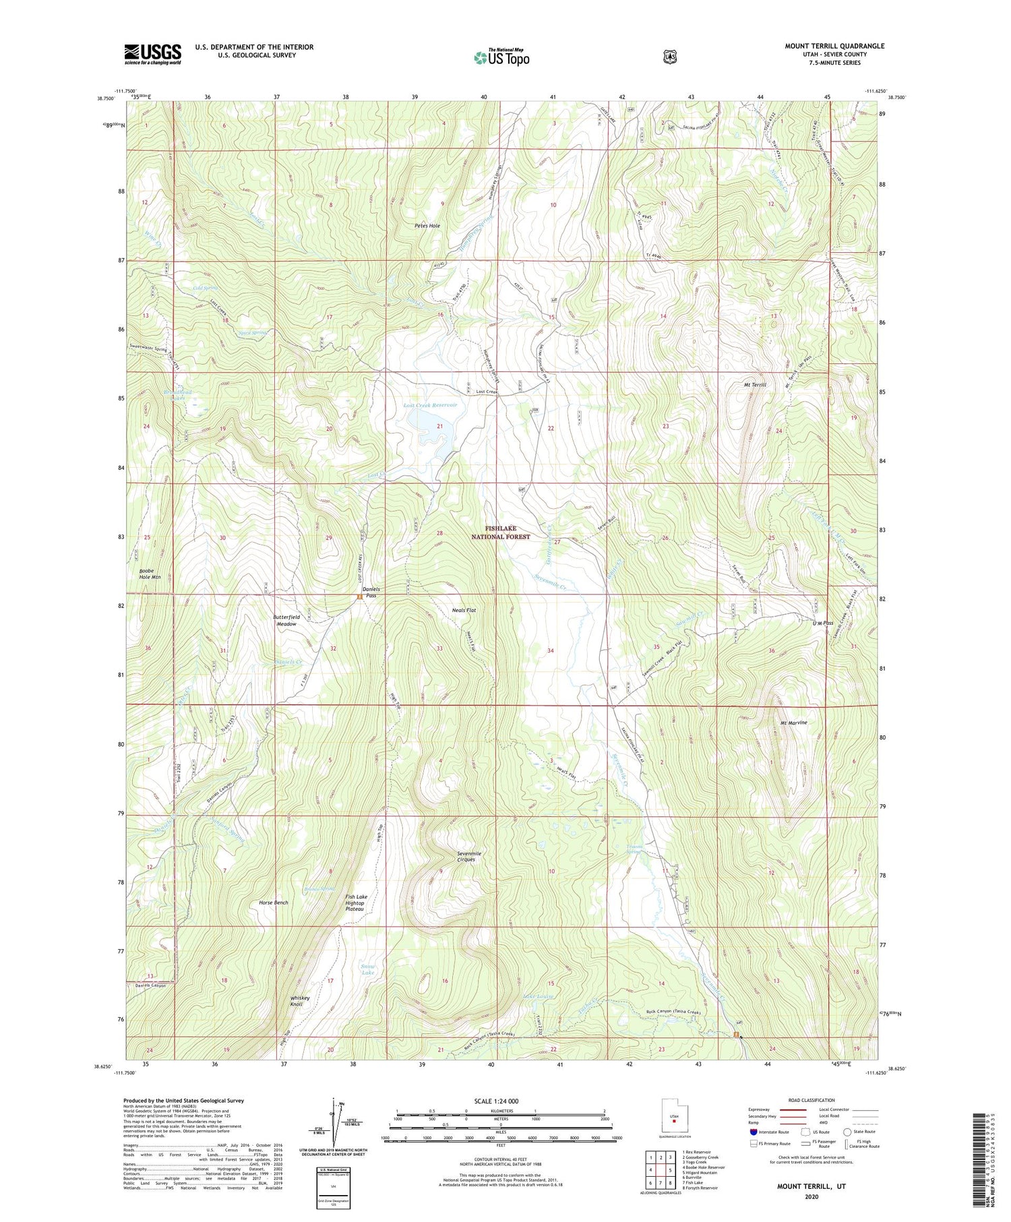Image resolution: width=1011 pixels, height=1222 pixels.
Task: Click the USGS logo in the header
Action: click(x=152, y=54)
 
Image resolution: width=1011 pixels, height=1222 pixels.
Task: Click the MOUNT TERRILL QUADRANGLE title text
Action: click(x=834, y=46)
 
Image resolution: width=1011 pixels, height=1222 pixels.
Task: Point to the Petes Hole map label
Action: click(x=427, y=226)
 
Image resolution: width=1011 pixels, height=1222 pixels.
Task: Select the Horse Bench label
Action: click(x=274, y=903)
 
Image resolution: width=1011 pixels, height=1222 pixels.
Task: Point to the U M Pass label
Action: click(x=822, y=623)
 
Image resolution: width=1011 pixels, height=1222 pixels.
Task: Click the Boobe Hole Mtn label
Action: click(x=150, y=574)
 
